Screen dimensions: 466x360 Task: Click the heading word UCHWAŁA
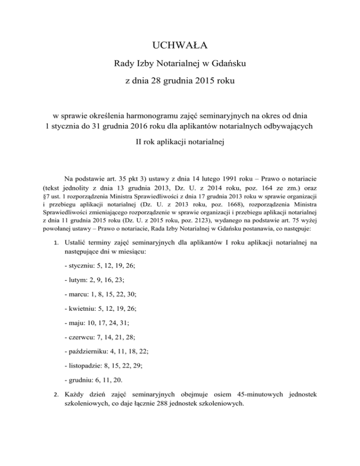point(180,46)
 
